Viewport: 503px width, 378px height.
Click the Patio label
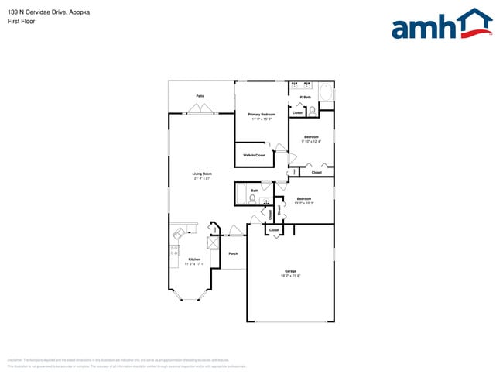[200, 96]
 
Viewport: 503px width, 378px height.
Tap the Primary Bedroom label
[262, 114]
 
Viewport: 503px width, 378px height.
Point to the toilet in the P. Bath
[313, 111]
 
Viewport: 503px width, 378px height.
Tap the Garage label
[289, 271]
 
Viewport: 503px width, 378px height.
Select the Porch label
[233, 253]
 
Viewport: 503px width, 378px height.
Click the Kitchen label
[194, 259]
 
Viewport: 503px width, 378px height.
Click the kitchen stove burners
[174, 249]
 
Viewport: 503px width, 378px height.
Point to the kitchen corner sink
[180, 232]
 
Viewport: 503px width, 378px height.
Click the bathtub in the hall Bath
[241, 193]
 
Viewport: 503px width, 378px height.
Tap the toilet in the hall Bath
[253, 198]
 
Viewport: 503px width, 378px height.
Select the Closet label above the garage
[273, 230]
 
